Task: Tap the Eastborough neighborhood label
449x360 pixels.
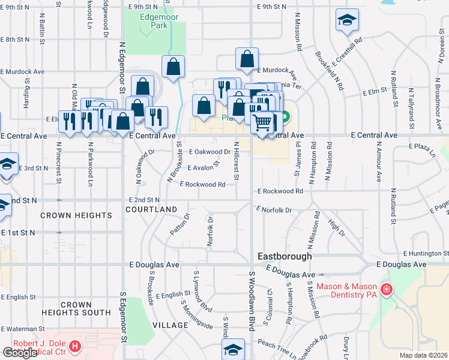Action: pos(285,256)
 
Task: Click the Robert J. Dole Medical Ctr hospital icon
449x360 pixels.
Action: pos(74,346)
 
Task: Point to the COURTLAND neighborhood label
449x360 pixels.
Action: pos(152,209)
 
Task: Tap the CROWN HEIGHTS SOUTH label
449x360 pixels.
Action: pos(76,308)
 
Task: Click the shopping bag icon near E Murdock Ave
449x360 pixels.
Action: pos(247,59)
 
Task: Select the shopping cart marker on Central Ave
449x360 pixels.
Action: pos(262,122)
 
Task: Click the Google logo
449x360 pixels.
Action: pos(20,353)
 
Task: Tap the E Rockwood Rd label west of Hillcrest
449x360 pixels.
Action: pos(202,185)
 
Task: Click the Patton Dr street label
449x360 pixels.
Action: pos(179,224)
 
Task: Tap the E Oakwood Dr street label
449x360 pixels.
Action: pos(210,152)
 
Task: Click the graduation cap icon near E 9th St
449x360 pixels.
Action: pos(347,20)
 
